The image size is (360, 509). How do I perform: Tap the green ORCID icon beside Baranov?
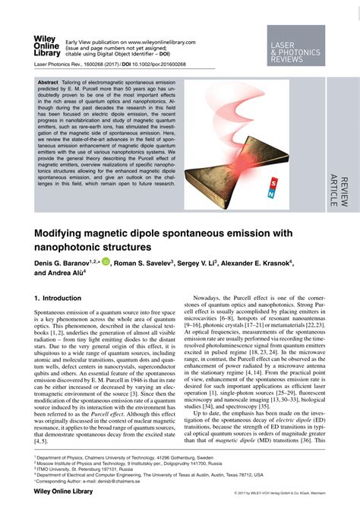point(105,261)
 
